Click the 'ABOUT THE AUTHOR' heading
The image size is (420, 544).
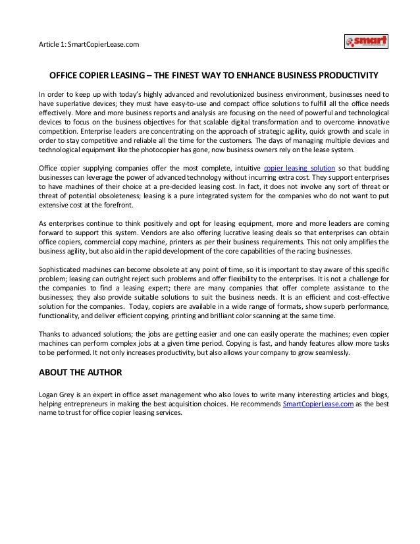tap(80, 373)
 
